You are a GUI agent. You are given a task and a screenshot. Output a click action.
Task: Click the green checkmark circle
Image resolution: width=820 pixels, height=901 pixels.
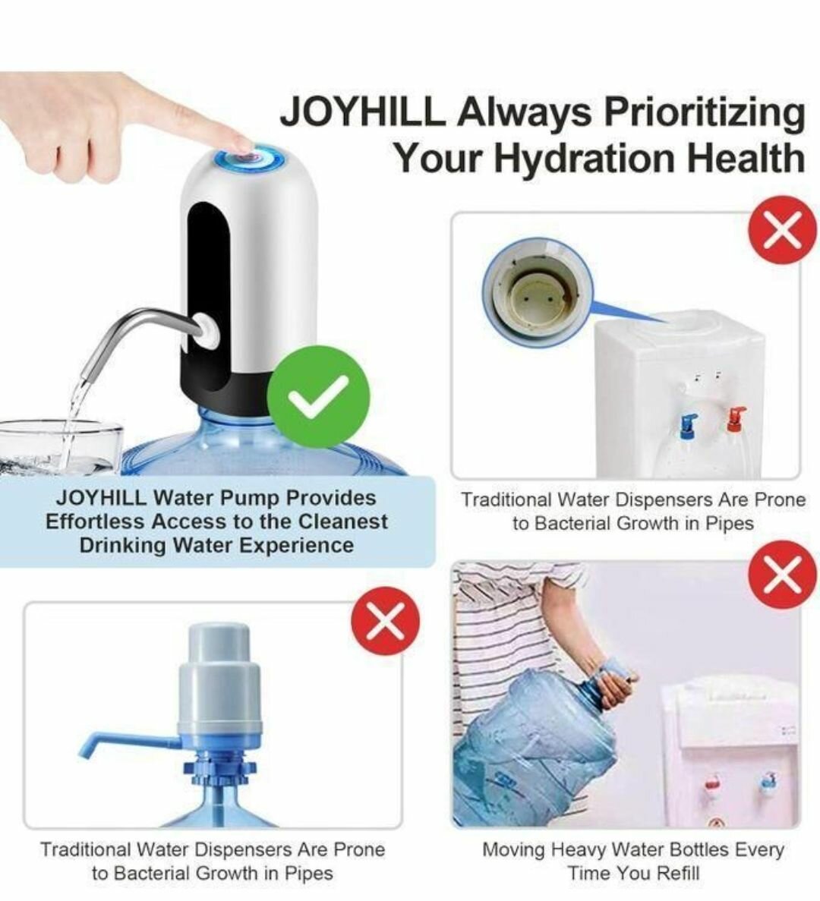318,397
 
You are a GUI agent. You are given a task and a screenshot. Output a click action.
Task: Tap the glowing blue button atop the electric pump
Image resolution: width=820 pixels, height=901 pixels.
251,157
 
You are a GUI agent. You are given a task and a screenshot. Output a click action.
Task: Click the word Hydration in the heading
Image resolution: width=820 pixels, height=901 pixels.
585,157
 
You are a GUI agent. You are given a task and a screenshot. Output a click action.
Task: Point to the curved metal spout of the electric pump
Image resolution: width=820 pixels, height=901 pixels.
140,339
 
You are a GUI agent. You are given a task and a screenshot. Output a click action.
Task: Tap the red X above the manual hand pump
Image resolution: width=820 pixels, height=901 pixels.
385,621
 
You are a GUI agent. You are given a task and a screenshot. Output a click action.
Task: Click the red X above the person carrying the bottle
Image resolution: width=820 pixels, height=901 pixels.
783,574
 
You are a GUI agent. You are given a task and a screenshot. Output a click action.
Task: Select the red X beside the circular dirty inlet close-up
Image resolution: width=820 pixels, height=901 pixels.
783,229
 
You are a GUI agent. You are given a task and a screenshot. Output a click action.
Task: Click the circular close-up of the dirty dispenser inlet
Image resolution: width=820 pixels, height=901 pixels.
538,292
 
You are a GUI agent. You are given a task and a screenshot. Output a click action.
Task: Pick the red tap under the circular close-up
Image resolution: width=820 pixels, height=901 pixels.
734,419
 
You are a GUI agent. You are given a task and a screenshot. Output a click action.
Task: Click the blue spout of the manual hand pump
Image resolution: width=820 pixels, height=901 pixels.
128,744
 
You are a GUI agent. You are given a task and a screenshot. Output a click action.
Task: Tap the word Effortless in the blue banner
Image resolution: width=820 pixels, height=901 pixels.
94,521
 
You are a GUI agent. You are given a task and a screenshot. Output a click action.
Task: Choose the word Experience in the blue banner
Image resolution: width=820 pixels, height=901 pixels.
297,545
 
